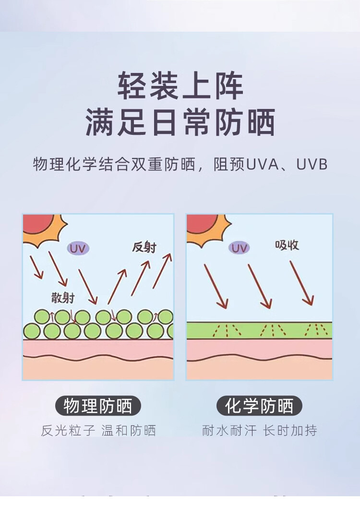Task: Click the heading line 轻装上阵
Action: coord(180,86)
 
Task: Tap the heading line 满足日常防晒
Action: coord(180,122)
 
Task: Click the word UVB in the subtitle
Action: coord(312,165)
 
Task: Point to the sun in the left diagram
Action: coord(41,227)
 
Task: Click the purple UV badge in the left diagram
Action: coord(78,248)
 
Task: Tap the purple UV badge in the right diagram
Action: coord(240,248)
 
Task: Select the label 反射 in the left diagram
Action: coord(144,248)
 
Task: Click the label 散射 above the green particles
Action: coord(63,298)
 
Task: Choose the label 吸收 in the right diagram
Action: coord(287,245)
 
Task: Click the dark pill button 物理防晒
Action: coord(98,406)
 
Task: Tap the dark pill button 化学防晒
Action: coord(259,406)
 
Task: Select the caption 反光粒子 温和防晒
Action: coord(98,430)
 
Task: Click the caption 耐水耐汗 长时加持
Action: coord(259,430)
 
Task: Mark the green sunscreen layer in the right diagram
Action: coord(259,330)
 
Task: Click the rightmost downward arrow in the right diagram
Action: coord(301,283)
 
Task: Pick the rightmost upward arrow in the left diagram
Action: coord(162,271)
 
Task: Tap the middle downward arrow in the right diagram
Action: coord(260,286)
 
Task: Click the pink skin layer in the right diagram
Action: coord(259,349)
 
